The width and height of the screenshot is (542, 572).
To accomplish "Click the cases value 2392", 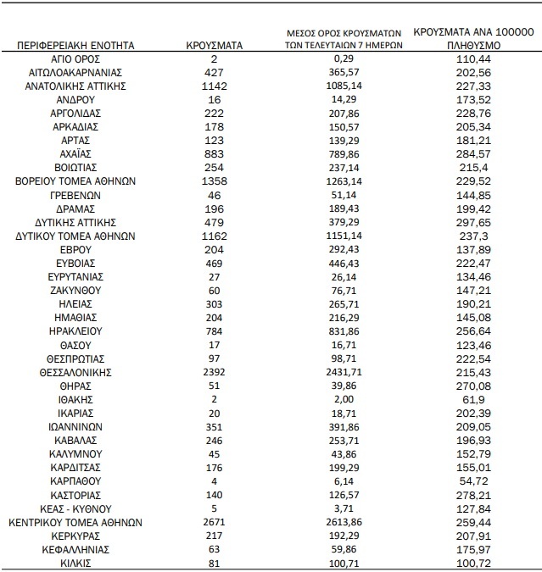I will click(x=215, y=371).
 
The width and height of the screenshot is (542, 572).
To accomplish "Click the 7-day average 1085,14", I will click(x=344, y=86).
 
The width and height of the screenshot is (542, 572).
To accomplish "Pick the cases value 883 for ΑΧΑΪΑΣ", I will click(x=215, y=153).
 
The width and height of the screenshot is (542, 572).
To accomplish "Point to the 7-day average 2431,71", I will click(x=344, y=371).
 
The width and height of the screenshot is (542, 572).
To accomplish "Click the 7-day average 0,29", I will click(x=344, y=58).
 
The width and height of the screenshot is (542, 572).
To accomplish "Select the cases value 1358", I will click(x=215, y=180).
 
